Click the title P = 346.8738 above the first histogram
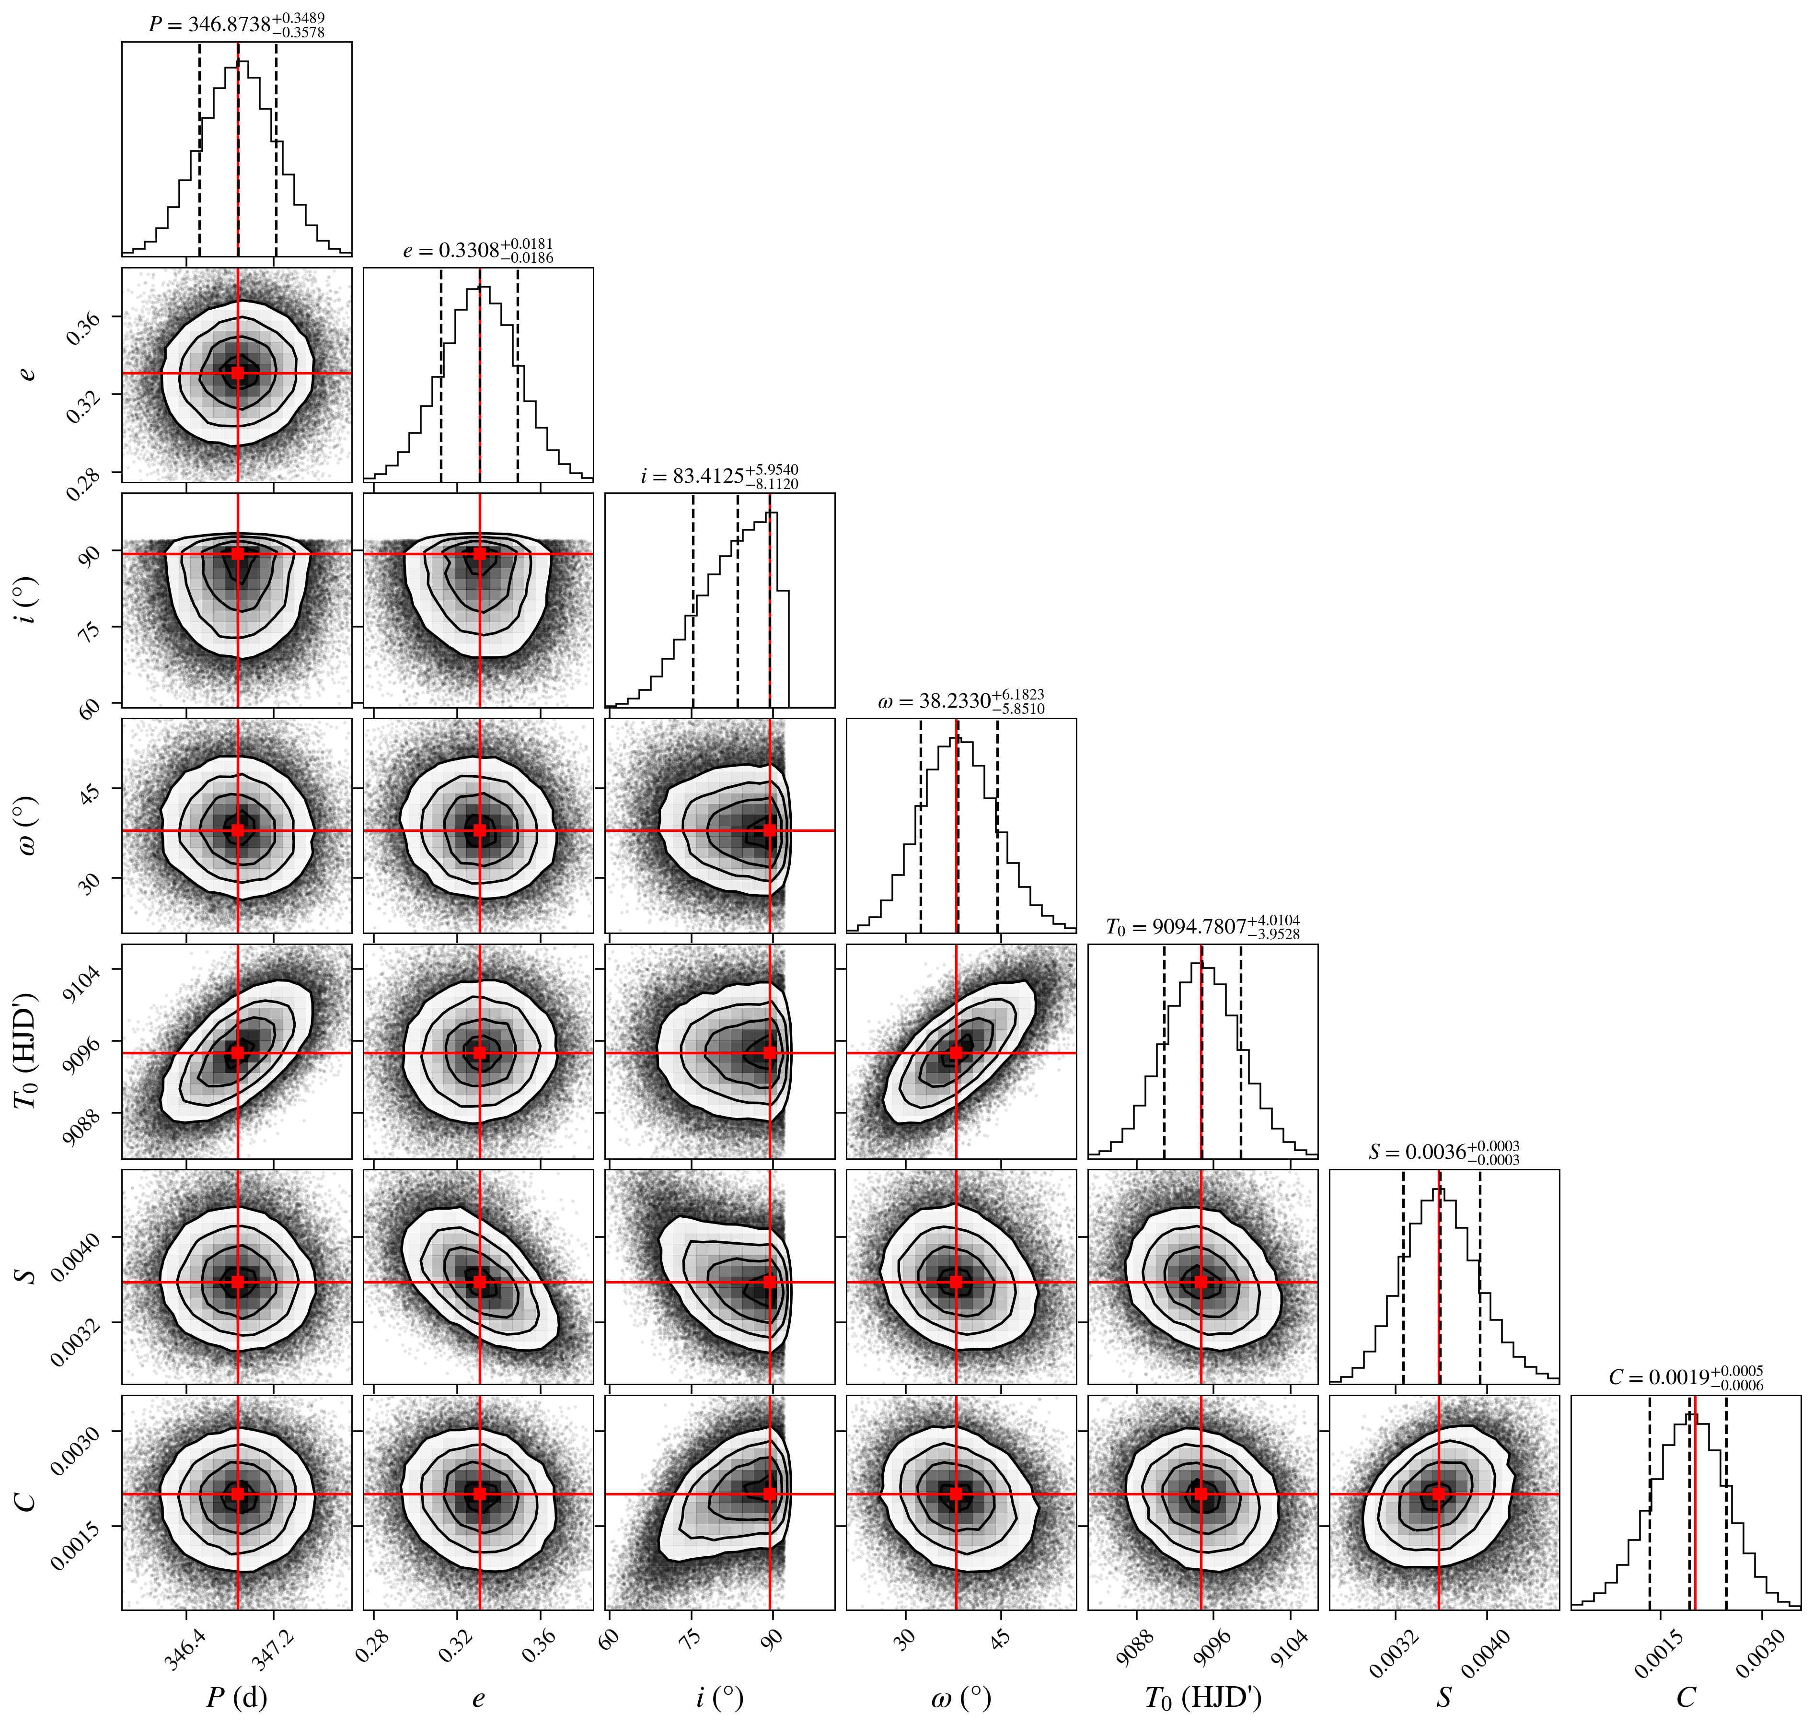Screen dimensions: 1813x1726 pos(236,25)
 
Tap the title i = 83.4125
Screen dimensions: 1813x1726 pos(719,476)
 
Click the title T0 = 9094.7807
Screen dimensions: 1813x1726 pos(1202,926)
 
